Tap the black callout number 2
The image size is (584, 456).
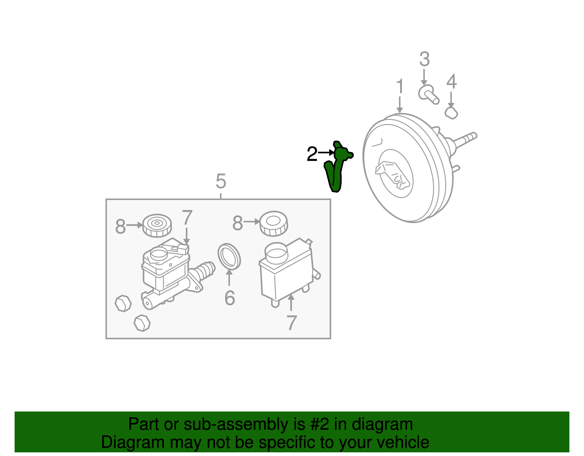(312, 154)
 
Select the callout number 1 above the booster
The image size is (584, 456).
(400, 87)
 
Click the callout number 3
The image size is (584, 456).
(424, 59)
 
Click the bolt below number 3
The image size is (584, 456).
(428, 94)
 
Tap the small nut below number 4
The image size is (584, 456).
(452, 113)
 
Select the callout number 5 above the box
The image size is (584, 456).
(221, 181)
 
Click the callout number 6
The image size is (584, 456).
(230, 298)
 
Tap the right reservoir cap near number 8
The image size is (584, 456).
(274, 223)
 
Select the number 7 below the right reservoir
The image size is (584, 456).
(291, 323)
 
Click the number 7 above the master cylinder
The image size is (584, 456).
(187, 218)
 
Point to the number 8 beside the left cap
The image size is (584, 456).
(120, 226)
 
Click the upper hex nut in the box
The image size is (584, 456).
(123, 303)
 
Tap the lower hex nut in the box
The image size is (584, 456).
(142, 323)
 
